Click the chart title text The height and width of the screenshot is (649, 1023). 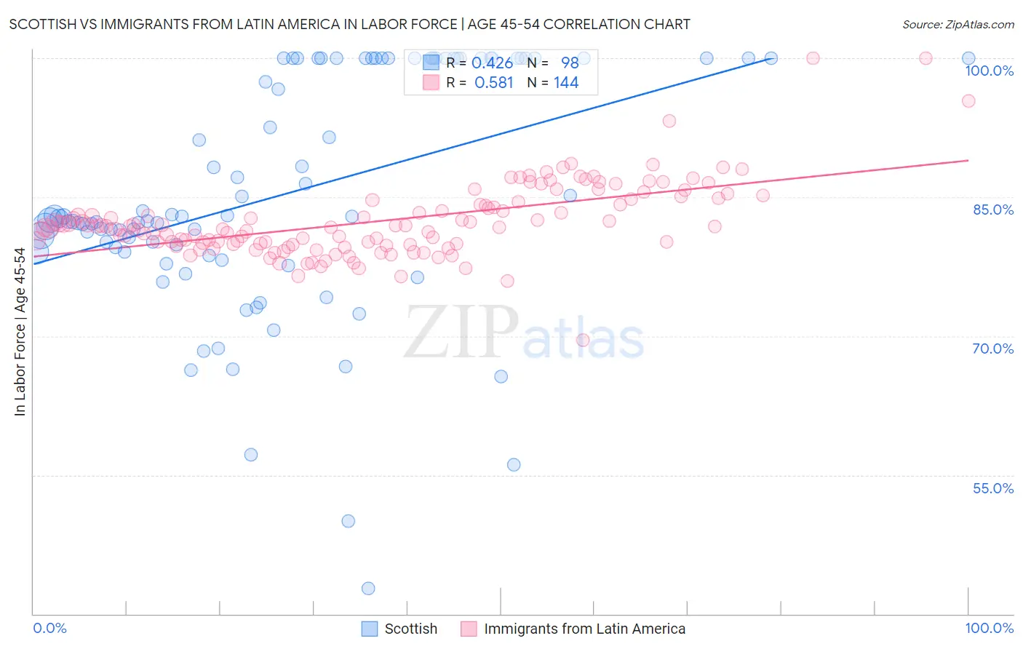tap(349, 24)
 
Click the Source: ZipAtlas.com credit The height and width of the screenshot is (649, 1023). tap(958, 24)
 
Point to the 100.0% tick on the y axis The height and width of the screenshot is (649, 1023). tap(989, 71)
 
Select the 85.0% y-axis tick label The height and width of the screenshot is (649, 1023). tap(992, 210)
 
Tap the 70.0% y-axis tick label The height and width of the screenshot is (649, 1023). tap(992, 349)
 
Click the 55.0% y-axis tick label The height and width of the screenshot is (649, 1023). tap(992, 488)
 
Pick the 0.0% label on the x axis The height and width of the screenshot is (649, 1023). tap(50, 629)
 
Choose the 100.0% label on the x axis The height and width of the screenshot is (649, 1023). tap(989, 629)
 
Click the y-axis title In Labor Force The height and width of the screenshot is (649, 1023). tap(20, 332)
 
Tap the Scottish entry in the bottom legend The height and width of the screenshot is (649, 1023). tap(410, 629)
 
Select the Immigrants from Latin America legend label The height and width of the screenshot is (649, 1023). tap(584, 629)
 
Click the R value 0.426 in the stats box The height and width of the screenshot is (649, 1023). tap(492, 63)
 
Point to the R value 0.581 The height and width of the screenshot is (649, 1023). tap(493, 83)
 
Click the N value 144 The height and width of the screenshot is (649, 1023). tap(565, 83)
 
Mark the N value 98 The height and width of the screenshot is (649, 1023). tap(570, 63)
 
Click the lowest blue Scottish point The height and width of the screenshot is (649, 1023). tap(368, 589)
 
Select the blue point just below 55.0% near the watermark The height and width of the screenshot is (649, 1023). tap(514, 465)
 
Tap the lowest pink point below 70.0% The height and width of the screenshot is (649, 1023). tap(583, 341)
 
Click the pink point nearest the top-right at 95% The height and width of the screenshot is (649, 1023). tap(968, 101)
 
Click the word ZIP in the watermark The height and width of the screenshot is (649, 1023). tap(461, 333)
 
